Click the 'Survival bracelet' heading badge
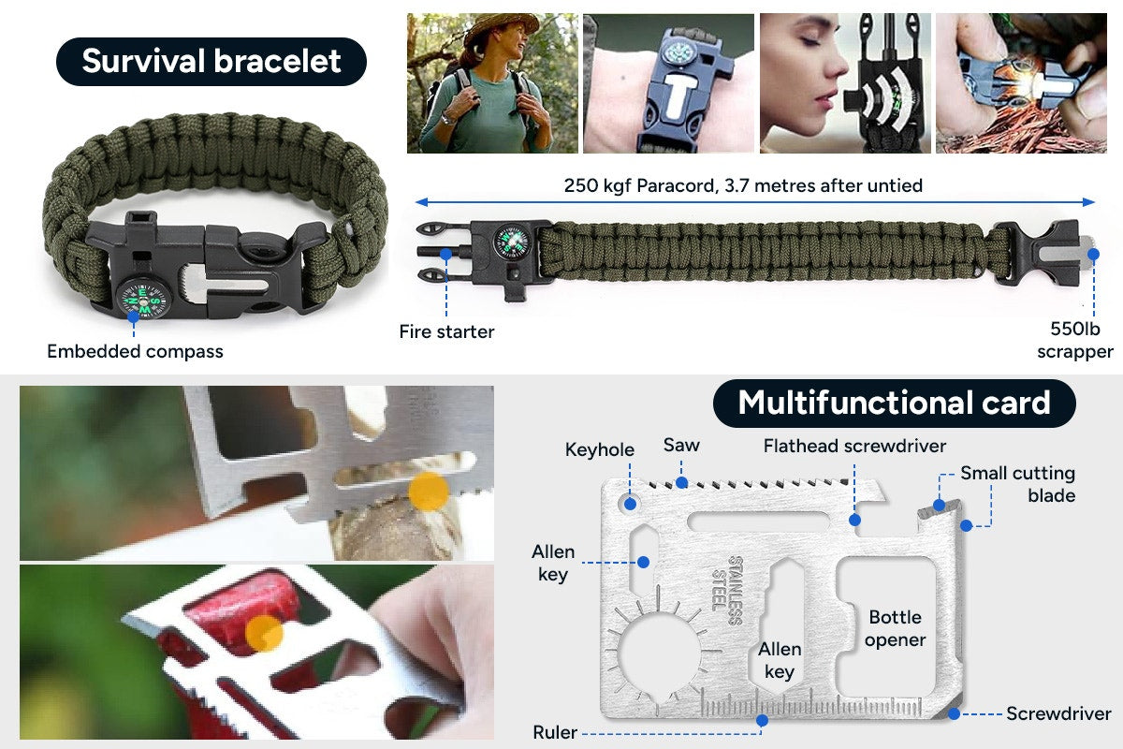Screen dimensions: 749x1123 coord(211,62)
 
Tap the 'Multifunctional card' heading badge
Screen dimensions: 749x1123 coord(894,404)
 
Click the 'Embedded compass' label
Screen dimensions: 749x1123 coord(135,352)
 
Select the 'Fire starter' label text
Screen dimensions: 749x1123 coord(446,331)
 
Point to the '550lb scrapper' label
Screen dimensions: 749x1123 coord(1075,341)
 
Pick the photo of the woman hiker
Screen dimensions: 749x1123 coord(491,83)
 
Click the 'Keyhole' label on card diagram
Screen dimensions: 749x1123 coord(599,450)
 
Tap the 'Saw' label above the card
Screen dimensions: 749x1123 coord(681,446)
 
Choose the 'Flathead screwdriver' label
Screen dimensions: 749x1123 coord(854,446)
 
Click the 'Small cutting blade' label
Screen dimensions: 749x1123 coord(1017,484)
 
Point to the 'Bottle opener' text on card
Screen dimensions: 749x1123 coord(896,628)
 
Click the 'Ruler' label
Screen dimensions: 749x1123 coord(554,732)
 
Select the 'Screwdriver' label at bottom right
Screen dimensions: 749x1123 coord(1058,714)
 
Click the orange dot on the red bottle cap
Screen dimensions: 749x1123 coord(264,633)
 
